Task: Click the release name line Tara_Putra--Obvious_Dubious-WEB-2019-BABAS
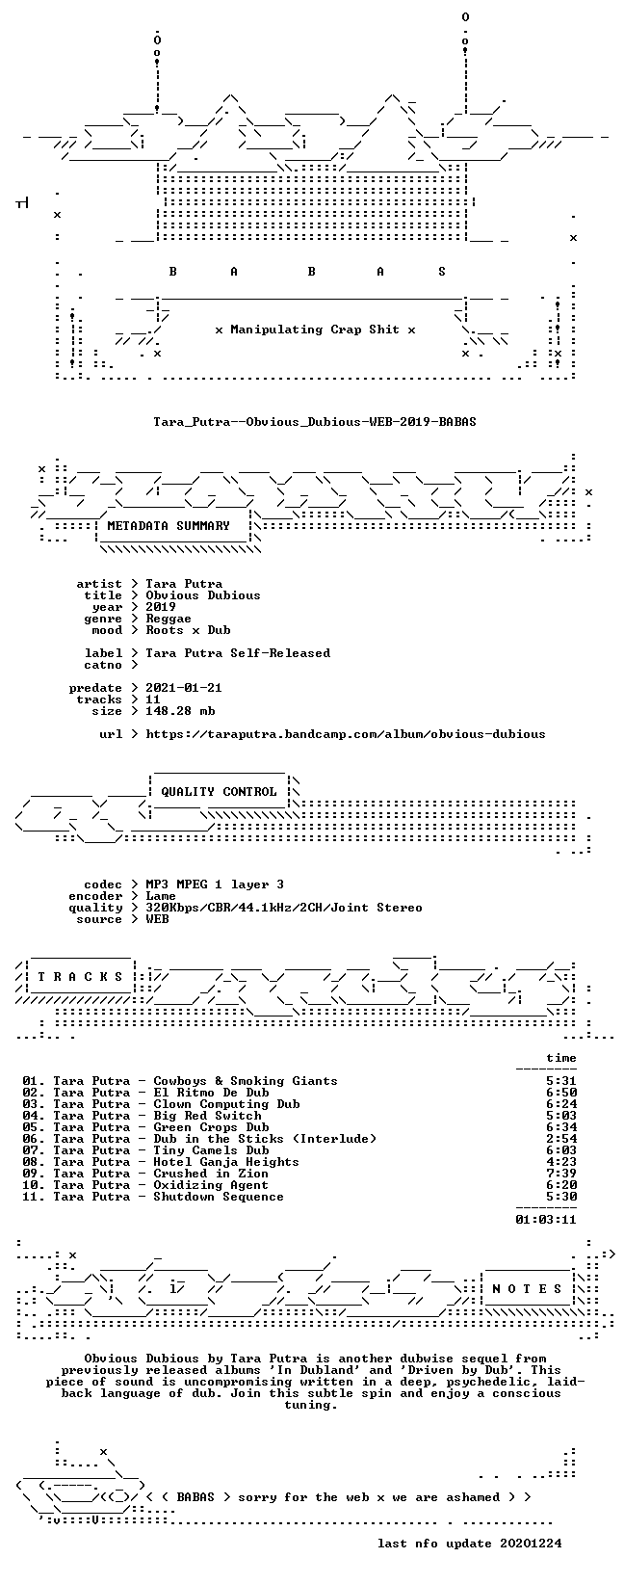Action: (x=315, y=422)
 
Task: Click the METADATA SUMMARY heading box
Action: (x=169, y=526)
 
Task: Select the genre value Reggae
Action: (x=169, y=619)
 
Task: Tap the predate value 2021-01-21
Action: (x=184, y=688)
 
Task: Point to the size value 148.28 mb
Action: (x=180, y=711)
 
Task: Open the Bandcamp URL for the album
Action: (x=346, y=735)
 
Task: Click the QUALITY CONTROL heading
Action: (x=219, y=792)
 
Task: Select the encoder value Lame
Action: (x=161, y=897)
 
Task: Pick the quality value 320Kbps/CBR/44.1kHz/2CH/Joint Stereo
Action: (x=283, y=908)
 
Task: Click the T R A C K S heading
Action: (x=80, y=977)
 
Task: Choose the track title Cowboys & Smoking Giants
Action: (x=246, y=1081)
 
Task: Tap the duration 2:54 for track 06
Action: (x=561, y=1139)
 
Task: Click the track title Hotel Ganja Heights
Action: (x=226, y=1163)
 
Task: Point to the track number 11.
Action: (x=33, y=1198)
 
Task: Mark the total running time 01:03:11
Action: (x=546, y=1220)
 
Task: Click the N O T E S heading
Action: (x=527, y=1289)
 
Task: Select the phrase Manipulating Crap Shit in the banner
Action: (x=315, y=330)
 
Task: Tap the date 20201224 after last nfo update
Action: (x=530, y=1544)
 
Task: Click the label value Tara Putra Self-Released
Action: (x=238, y=653)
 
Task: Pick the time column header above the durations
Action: (x=561, y=1059)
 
